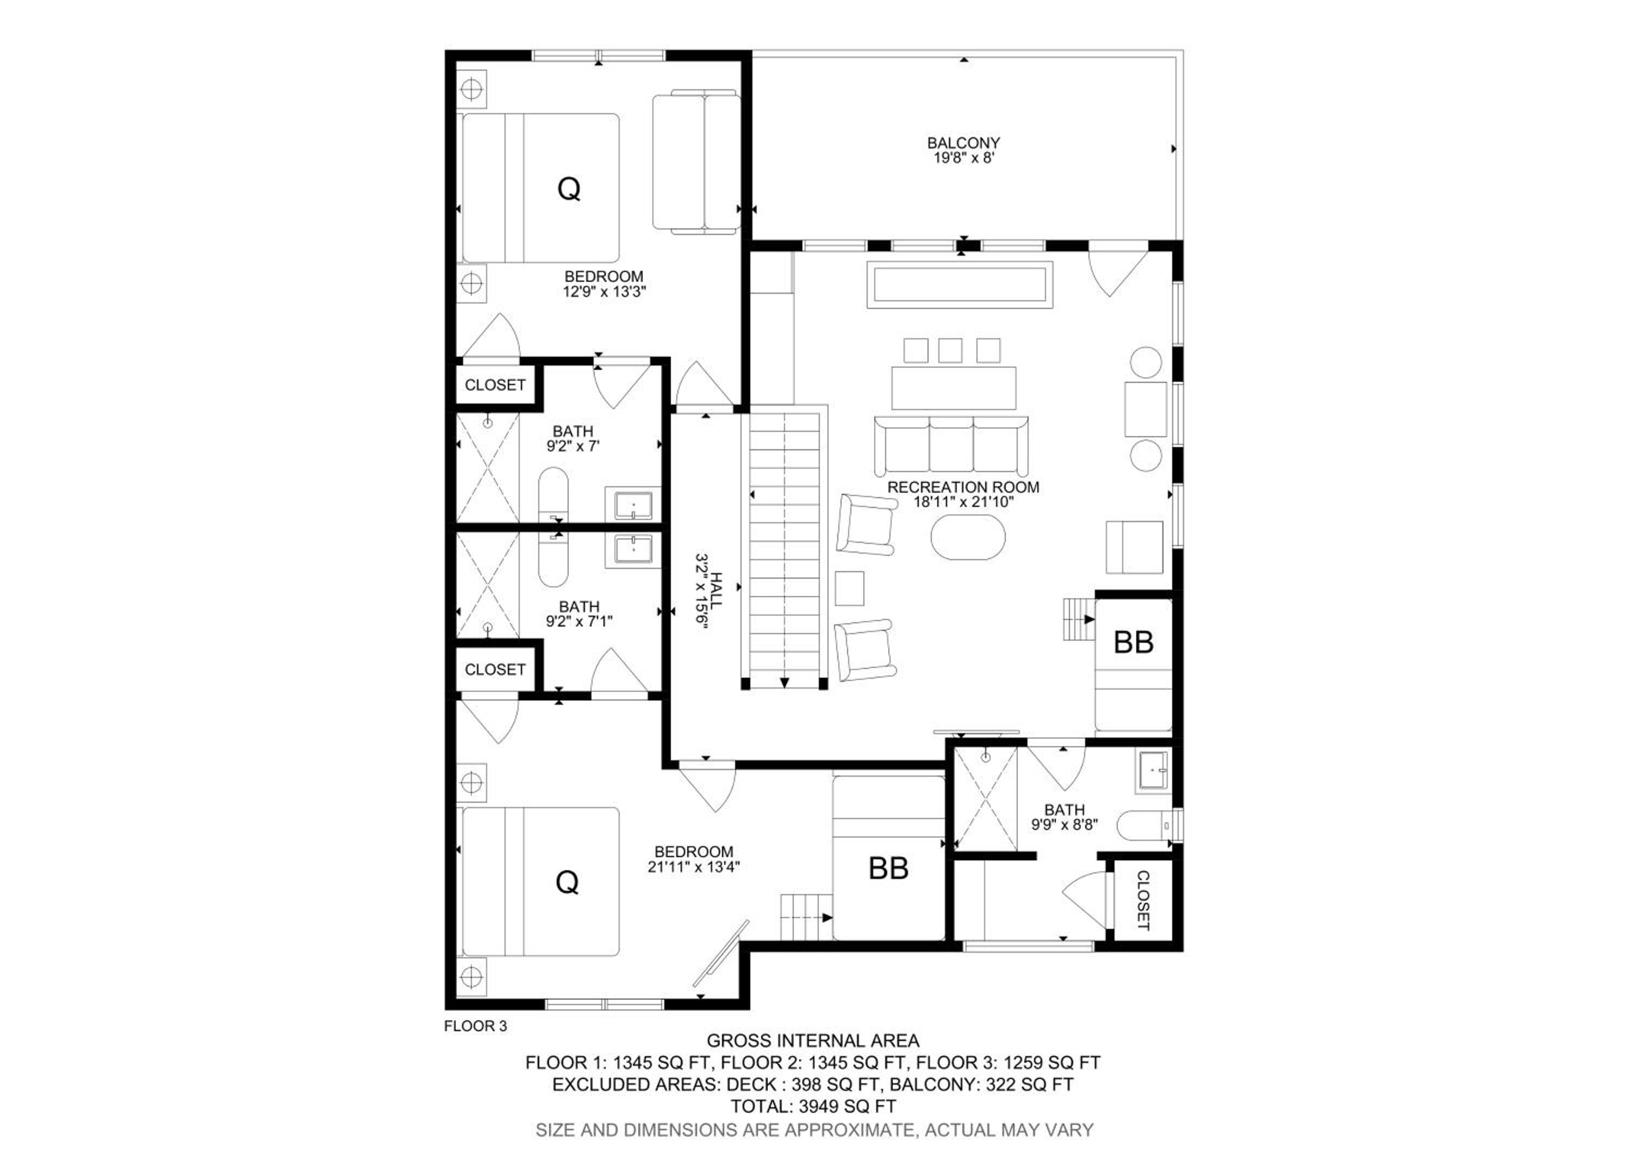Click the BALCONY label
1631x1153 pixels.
tap(963, 143)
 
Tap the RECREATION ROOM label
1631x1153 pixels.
tap(963, 487)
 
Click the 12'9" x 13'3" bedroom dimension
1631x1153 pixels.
tap(604, 292)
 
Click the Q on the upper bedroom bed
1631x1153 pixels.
tap(569, 189)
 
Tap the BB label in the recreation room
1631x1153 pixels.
tap(1133, 642)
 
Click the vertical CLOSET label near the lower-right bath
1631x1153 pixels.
tap(1143, 900)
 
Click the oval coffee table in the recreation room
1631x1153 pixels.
tap(968, 537)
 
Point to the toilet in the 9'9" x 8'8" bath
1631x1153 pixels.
tap(1144, 826)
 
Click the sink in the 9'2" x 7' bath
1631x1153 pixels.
tap(632, 505)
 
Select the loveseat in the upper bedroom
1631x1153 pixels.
tap(696, 162)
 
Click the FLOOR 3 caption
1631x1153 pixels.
tap(475, 1026)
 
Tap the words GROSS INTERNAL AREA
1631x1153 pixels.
tap(813, 1041)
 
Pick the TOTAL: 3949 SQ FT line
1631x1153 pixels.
tap(813, 1106)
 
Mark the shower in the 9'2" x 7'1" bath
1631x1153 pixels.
tap(487, 584)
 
